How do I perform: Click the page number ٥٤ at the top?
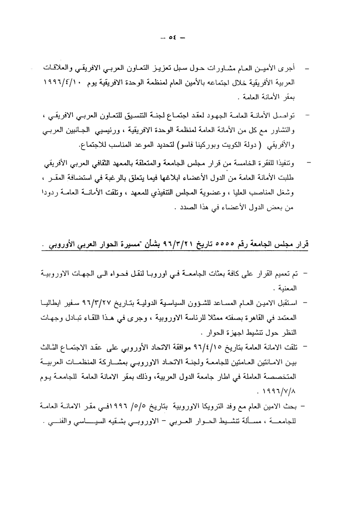(178, 38)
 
